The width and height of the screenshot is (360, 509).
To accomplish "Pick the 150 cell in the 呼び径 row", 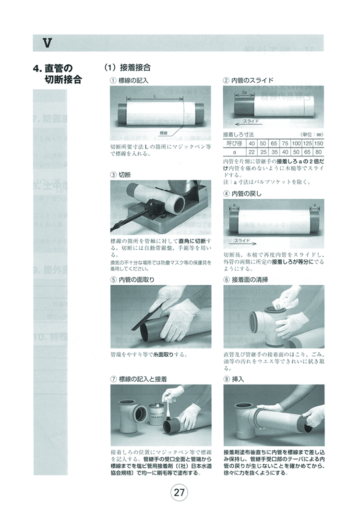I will click(318, 144).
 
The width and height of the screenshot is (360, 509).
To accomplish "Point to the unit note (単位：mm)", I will click(312, 135).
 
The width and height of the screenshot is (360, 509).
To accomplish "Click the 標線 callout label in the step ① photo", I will click(164, 132).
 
